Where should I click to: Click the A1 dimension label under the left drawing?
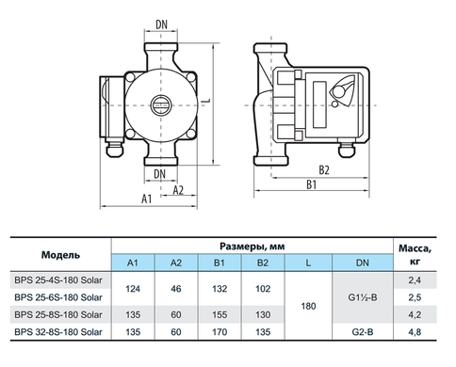tap(147, 199)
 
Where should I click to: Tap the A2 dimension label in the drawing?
tap(178, 190)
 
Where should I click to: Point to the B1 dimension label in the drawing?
tap(312, 184)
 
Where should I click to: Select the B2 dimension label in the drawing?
tap(324, 170)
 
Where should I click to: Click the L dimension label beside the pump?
tap(206, 101)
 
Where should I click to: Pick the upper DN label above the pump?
tap(162, 24)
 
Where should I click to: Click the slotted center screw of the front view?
tap(161, 105)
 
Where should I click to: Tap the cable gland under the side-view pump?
tap(347, 150)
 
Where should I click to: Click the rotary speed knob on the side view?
tap(338, 92)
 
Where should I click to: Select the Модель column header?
tap(60, 255)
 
